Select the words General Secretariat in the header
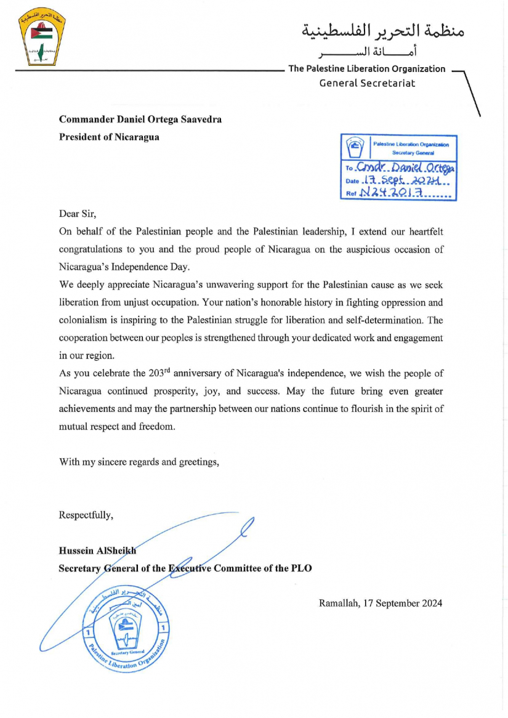[367, 83]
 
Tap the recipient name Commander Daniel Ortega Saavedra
[140, 119]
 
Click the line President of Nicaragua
[109, 137]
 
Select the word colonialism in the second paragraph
[83, 320]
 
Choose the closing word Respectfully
[86, 515]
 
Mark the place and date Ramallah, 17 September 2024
[380, 603]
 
